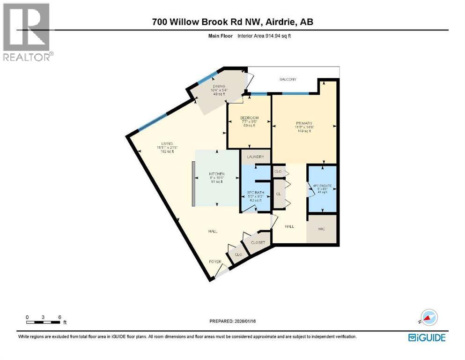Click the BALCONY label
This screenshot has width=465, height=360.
tap(288, 80)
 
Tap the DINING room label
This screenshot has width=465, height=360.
tap(219, 86)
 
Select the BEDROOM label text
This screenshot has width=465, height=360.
tap(250, 118)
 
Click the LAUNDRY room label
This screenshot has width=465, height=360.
tap(256, 157)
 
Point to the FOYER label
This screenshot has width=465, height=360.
tap(215, 262)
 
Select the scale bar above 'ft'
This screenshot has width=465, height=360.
tap(43, 322)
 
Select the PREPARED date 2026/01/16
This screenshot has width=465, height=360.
tap(233, 321)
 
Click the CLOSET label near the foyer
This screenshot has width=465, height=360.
tap(258, 242)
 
